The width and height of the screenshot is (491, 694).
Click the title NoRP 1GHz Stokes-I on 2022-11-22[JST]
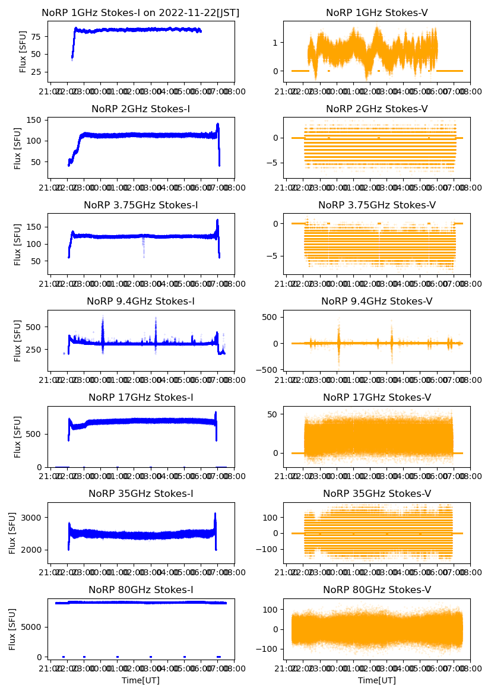(141, 13)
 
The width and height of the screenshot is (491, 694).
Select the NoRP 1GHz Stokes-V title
(377, 13)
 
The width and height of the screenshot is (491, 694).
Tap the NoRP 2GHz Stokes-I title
(141, 109)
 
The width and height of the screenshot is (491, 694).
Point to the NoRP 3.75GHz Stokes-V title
(377, 205)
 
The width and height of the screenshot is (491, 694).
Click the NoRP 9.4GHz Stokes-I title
(141, 302)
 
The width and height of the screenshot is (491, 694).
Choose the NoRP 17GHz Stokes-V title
(377, 398)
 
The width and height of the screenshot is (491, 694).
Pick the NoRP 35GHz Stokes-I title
(141, 494)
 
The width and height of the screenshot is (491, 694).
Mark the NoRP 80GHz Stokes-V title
(377, 590)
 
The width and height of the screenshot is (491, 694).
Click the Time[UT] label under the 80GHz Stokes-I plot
(141, 680)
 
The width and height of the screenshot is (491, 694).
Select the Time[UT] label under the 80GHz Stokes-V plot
(377, 680)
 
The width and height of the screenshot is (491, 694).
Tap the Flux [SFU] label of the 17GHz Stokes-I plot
(18, 437)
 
